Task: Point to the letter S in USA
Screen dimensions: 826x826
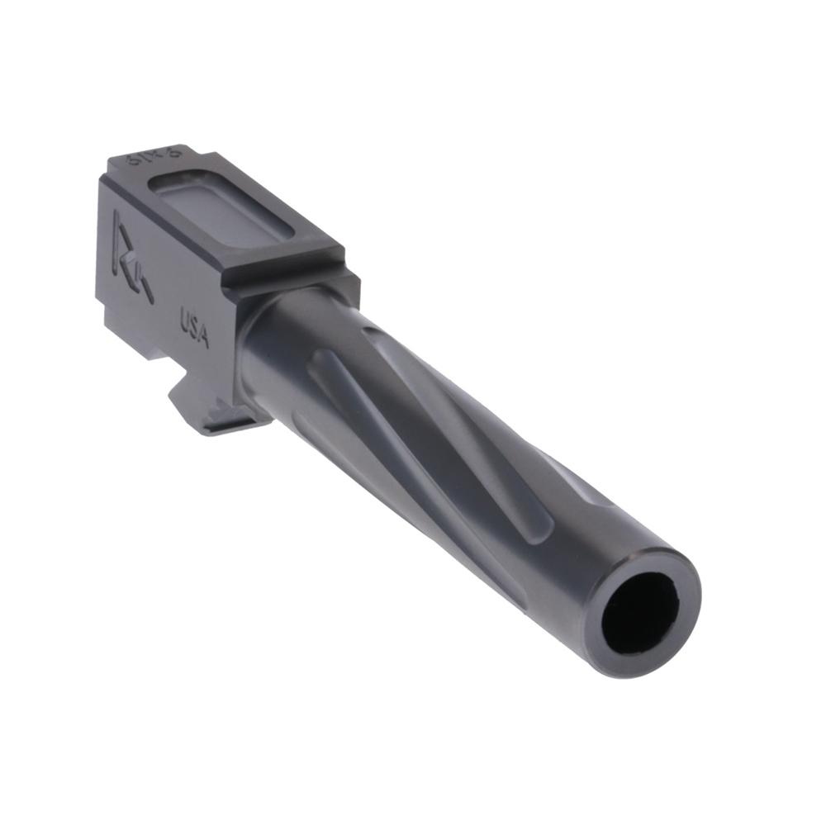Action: point(195,329)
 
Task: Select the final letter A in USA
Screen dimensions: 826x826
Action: point(203,338)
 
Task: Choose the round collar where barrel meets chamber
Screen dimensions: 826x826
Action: point(273,347)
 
